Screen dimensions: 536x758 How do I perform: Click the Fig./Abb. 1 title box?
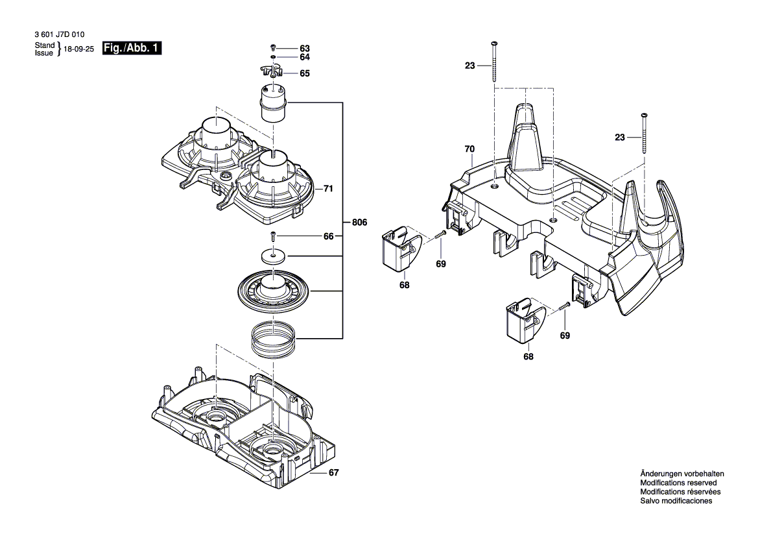click(132, 49)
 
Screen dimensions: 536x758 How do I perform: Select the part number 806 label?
click(360, 223)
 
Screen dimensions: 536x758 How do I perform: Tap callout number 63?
click(305, 49)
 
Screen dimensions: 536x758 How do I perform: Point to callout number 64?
click(305, 58)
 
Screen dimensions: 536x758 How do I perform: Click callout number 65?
click(305, 73)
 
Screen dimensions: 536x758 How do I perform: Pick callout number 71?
click(328, 189)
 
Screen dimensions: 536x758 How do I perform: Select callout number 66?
click(329, 236)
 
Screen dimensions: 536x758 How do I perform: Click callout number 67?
click(333, 473)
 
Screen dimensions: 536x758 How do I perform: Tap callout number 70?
click(469, 149)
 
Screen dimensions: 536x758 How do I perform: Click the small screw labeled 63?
click(274, 49)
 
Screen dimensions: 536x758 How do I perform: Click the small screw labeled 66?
click(274, 236)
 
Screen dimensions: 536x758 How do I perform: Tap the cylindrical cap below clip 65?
click(274, 102)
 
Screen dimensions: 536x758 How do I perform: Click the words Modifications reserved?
click(678, 483)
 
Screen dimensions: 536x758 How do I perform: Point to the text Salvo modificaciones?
click(676, 501)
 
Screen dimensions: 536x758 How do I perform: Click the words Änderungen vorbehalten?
click(681, 474)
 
